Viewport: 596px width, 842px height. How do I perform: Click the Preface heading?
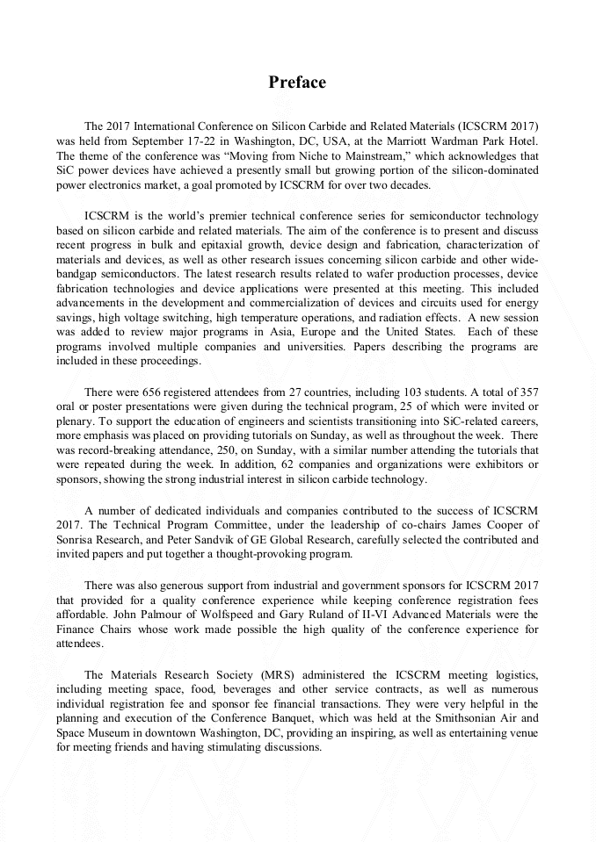point(297,83)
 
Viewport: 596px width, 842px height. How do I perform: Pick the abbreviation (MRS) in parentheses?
point(274,675)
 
